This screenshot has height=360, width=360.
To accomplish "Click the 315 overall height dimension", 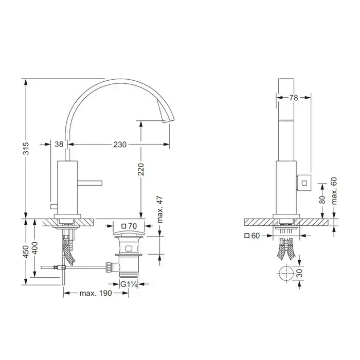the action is click(x=26, y=148).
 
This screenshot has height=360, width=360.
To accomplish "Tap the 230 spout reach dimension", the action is click(x=120, y=145).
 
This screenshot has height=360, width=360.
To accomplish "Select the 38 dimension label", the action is click(x=59, y=144).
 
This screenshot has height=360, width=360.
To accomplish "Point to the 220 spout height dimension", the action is click(x=141, y=169).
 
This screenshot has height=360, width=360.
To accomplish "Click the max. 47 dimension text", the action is click(x=160, y=209).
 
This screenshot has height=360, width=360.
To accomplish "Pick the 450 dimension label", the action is click(x=26, y=251).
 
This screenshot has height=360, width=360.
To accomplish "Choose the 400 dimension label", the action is click(x=35, y=248).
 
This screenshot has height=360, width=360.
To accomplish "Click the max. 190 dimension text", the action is click(x=96, y=293).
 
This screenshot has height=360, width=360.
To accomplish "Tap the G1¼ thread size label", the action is click(x=129, y=284).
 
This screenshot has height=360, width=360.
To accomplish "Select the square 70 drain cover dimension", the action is click(x=129, y=226).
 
